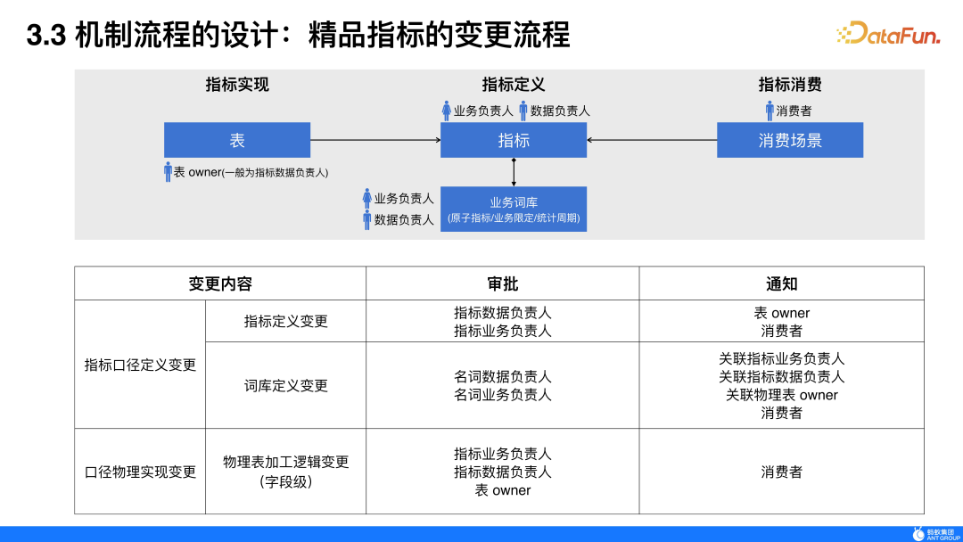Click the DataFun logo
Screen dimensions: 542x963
tap(888, 34)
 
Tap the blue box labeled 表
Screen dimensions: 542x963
tap(237, 140)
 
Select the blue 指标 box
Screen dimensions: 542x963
tap(514, 140)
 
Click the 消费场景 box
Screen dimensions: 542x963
tap(790, 140)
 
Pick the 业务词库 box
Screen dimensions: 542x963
tap(514, 209)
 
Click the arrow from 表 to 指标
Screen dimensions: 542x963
tap(374, 140)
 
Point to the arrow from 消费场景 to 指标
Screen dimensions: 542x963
tap(652, 140)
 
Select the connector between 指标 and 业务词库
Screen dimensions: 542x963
tap(514, 172)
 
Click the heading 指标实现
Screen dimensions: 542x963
tap(237, 85)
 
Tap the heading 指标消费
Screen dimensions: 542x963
tap(790, 85)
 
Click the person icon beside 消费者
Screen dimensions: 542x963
tap(770, 111)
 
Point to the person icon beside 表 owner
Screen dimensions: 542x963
tap(168, 172)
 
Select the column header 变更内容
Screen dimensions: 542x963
tap(220, 283)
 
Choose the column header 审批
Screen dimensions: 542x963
tap(503, 283)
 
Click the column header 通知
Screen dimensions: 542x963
tap(782, 283)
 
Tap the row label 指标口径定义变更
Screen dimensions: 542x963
tap(140, 365)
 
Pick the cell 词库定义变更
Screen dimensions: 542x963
tap(286, 385)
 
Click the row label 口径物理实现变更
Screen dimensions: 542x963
tap(140, 472)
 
